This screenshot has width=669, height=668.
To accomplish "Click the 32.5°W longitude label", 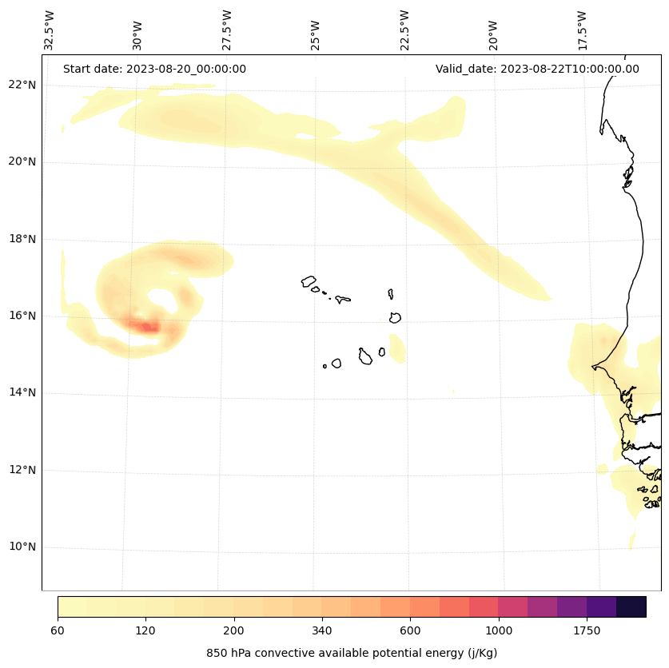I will coord(50,30).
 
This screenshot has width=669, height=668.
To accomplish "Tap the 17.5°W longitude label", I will coord(581,30).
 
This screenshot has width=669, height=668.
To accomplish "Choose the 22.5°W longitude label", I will coord(404,30).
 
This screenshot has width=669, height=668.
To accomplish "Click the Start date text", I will coord(154,69).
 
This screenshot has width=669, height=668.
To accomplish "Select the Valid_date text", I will coord(537,69).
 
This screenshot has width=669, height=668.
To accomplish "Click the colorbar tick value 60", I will coord(58,631).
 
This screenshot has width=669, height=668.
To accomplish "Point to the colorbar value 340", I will coord(322,631).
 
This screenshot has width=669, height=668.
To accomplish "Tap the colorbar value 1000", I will coord(499,631).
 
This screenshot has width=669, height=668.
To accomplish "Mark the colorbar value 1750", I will coord(587,631).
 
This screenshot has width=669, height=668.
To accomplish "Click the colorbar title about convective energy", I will coord(352,653).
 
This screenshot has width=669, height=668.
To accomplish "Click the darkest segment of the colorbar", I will coord(631,606).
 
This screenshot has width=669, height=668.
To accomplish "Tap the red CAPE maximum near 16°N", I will coord(147,326).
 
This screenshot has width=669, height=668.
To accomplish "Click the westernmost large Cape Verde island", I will coord(309,281).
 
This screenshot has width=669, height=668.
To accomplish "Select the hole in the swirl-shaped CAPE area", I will coord(163,300).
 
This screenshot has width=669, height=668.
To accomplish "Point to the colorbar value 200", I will coord(234,631).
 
